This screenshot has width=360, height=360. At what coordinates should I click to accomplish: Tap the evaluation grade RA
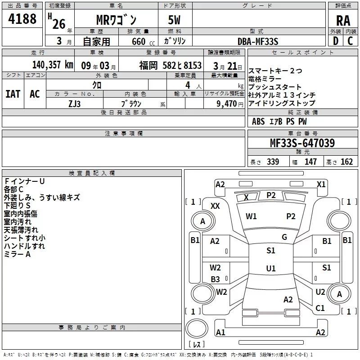(x=343, y=21)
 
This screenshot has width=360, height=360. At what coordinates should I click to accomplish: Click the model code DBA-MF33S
(x=258, y=41)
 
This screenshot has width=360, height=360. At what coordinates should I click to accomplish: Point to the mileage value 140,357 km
(x=53, y=65)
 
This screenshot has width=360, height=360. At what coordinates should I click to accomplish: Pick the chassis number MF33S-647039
(x=302, y=144)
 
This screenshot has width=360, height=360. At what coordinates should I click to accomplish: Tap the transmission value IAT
(x=13, y=94)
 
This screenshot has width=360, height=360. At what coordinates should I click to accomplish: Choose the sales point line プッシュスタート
(x=275, y=87)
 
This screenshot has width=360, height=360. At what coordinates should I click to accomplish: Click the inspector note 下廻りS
(x=17, y=205)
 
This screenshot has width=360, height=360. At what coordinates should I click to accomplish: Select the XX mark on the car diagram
(x=215, y=206)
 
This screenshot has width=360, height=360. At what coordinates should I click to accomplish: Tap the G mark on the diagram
(x=284, y=237)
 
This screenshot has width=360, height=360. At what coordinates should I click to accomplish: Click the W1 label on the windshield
(x=251, y=216)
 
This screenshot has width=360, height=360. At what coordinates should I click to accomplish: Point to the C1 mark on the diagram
(x=320, y=308)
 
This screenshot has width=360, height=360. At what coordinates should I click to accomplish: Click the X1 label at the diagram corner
(x=321, y=184)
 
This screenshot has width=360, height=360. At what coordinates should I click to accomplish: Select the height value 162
(x=346, y=162)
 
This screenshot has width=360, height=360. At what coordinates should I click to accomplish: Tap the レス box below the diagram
(x=197, y=345)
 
